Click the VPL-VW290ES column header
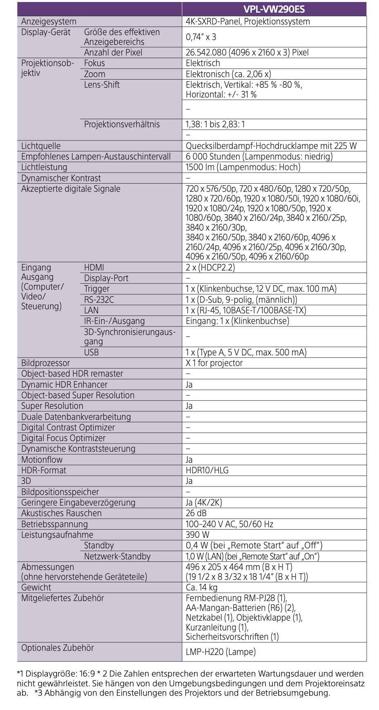[274, 9]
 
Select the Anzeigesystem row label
[49, 22]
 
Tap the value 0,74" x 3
[201, 37]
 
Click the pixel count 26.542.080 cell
[247, 52]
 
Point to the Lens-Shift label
[102, 85]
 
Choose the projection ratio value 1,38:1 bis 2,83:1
[215, 124]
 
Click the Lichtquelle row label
[41, 146]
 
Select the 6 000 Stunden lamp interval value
[259, 157]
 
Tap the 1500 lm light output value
[243, 167]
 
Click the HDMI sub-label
[94, 268]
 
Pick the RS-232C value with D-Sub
[241, 300]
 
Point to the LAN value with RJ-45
[246, 310]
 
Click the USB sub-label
[91, 353]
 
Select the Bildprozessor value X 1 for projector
[214, 363]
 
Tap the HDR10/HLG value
[207, 470]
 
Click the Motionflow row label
[42, 460]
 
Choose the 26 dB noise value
[196, 513]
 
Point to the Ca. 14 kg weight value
[201, 588]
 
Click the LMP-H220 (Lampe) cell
[221, 652]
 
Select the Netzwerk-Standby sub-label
[117, 557]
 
